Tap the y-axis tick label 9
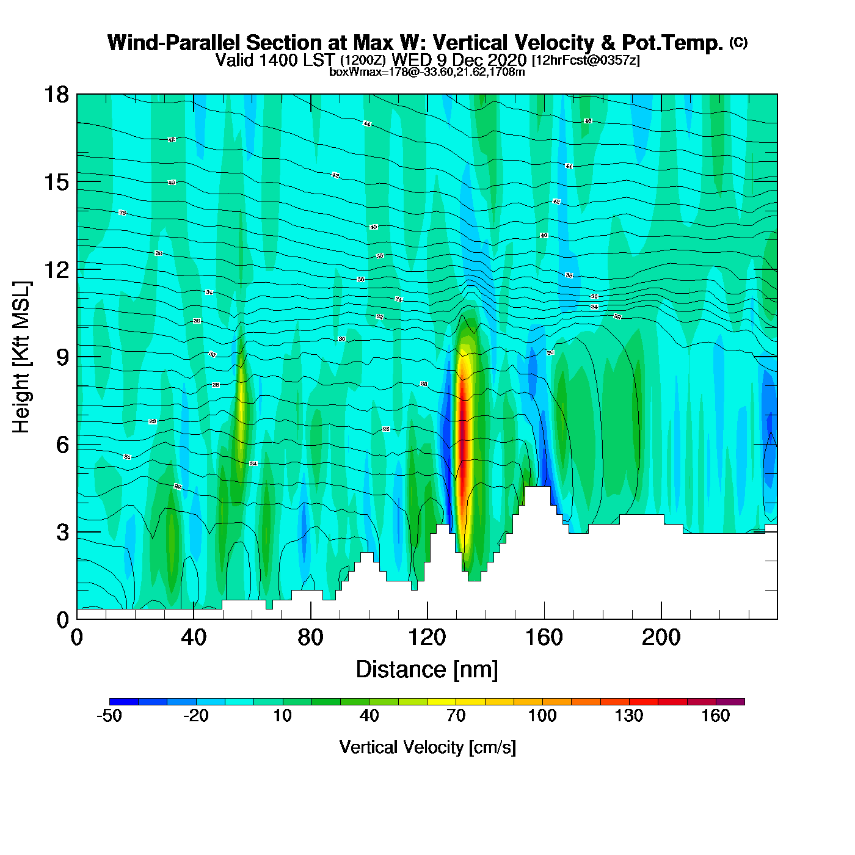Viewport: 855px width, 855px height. [62, 357]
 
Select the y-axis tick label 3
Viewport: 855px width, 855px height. [62, 533]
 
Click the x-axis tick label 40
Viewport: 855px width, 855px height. [194, 638]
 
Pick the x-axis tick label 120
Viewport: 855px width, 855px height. [428, 638]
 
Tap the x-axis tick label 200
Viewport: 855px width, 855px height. [661, 638]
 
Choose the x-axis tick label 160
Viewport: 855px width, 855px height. [544, 638]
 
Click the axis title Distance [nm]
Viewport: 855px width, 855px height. [427, 670]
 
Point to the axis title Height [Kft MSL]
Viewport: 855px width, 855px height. [21, 357]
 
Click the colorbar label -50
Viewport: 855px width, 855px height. [109, 716]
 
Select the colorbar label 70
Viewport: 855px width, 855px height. [456, 716]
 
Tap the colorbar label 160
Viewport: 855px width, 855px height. [716, 716]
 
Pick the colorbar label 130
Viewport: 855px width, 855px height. [629, 716]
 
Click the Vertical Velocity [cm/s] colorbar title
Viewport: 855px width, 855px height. [428, 748]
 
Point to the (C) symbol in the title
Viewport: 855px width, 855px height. [738, 42]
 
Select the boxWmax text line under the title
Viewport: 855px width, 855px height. [427, 71]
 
